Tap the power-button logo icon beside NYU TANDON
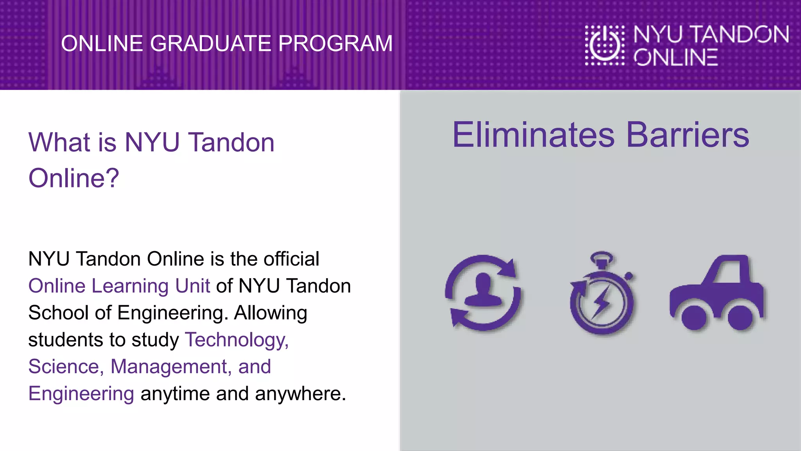[x=605, y=45]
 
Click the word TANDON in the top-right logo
[x=740, y=34]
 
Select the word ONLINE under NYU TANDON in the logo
[x=676, y=57]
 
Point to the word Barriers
[x=688, y=135]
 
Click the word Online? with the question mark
[x=74, y=178]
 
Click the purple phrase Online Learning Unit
[x=119, y=286]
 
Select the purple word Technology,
[x=237, y=340]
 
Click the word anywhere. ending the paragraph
[x=300, y=394]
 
